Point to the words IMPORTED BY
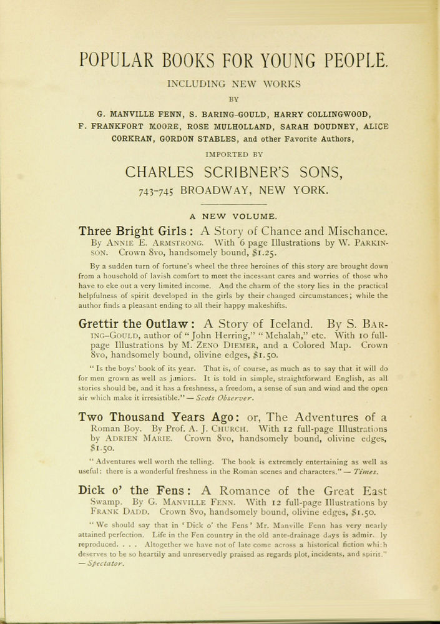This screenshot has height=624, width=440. click(x=230, y=153)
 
